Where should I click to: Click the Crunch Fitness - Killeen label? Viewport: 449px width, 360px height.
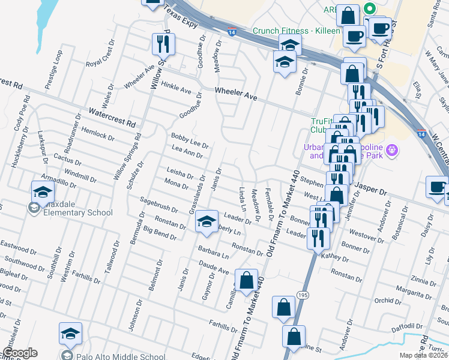coord(297,31)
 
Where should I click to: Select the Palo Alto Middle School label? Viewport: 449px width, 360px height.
coord(121,356)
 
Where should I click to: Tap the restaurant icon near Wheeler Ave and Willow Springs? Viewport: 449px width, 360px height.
coord(161,43)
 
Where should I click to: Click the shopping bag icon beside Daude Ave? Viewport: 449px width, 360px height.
coord(246,280)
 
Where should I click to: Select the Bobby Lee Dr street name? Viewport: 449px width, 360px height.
coord(190,141)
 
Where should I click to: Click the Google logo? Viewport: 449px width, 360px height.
coord(20,353)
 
